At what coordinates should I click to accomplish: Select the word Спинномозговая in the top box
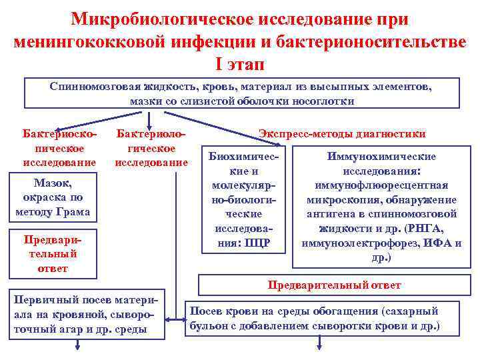(94, 87)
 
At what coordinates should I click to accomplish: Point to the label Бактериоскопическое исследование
(53, 148)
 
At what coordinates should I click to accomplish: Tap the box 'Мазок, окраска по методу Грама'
(53, 197)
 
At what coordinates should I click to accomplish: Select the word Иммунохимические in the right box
(381, 157)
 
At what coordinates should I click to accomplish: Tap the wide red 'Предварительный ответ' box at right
(334, 285)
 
